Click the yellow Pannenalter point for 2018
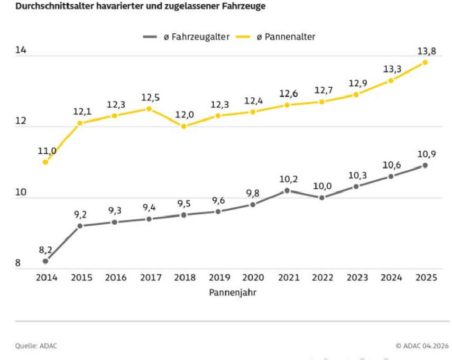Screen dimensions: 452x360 (x=183, y=126)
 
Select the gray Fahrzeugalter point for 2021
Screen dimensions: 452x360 (x=287, y=190)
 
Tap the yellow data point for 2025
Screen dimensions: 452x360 (x=425, y=62)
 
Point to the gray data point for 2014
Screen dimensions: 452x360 (x=45, y=261)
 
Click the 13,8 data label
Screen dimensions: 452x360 (x=427, y=51)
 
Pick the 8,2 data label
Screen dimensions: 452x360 (x=45, y=250)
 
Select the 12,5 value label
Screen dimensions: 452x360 (x=150, y=98)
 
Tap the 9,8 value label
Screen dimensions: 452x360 (x=253, y=193)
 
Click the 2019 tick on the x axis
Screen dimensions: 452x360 (x=219, y=278)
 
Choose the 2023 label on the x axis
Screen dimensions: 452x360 (x=357, y=278)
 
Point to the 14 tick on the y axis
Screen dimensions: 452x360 (x=21, y=50)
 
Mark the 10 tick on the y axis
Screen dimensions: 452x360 (x=21, y=192)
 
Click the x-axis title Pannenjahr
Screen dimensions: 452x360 (x=232, y=292)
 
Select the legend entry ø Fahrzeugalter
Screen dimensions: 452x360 (x=186, y=36)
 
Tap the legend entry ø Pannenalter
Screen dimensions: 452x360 (x=275, y=36)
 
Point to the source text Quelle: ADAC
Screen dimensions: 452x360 (x=36, y=346)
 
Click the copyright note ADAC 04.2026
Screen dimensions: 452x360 (x=422, y=346)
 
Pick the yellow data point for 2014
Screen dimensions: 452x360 (x=45, y=162)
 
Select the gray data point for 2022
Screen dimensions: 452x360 (x=322, y=198)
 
